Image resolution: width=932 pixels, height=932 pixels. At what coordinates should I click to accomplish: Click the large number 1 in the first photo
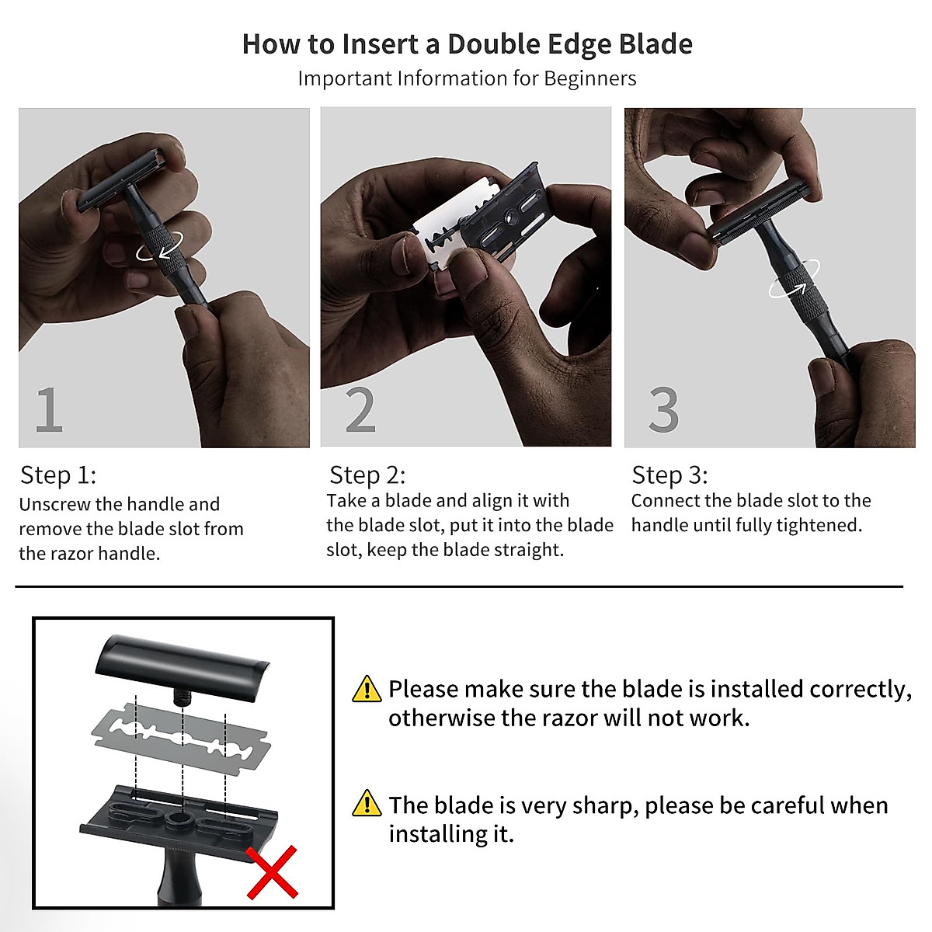49,410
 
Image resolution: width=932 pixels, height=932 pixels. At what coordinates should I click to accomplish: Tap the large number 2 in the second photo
360,410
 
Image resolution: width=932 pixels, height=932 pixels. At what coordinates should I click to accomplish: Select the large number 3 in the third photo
664,410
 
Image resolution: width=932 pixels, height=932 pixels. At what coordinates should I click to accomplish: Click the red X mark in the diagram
272,871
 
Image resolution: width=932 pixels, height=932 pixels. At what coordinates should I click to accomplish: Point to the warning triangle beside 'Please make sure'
367,689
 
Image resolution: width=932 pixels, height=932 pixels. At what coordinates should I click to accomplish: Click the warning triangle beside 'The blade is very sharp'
367,804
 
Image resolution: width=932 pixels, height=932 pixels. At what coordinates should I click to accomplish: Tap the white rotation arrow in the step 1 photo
156,250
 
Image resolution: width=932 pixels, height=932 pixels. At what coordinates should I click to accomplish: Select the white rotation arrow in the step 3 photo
793,288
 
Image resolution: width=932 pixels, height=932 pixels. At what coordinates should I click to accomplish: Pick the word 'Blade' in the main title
655,44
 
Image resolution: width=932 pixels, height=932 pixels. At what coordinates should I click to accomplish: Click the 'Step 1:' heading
58,475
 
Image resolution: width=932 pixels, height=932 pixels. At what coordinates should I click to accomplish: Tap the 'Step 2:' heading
367,475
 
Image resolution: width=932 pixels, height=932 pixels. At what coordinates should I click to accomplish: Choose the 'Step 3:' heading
669,475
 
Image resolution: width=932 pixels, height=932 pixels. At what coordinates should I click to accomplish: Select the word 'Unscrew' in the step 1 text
51,504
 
